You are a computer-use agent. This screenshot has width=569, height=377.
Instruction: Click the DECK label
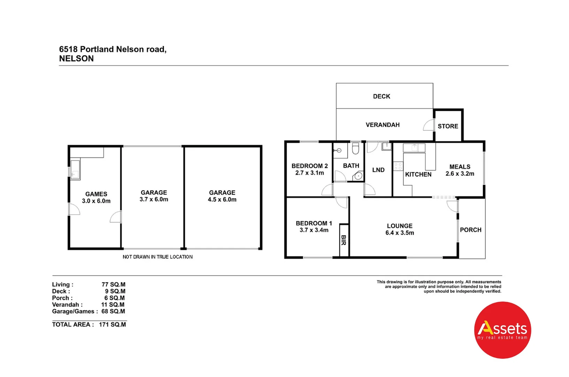click(x=382, y=96)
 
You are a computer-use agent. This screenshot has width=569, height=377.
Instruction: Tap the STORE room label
click(x=448, y=126)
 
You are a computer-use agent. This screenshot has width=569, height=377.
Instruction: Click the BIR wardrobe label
click(x=344, y=240)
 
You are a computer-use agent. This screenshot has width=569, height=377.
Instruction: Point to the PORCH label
click(x=470, y=230)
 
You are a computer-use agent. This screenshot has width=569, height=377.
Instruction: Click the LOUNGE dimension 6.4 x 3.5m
click(x=400, y=233)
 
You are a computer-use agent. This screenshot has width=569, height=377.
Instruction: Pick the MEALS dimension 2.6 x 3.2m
click(x=460, y=173)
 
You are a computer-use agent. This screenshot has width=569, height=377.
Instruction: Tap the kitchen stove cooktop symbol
click(x=398, y=166)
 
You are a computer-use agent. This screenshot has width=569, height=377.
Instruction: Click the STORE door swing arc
click(x=428, y=125)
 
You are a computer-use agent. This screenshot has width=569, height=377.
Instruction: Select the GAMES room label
click(x=96, y=194)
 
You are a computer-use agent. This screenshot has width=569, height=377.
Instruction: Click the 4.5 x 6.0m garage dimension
click(x=222, y=200)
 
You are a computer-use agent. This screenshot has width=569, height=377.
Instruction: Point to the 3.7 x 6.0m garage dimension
click(x=154, y=199)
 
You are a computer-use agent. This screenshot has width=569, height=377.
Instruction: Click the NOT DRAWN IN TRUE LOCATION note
click(x=157, y=257)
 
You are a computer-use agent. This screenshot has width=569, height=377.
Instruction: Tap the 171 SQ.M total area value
click(x=112, y=325)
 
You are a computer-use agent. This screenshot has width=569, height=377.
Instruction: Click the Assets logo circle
click(x=502, y=330)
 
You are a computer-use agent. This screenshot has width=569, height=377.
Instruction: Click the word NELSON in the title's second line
click(x=76, y=59)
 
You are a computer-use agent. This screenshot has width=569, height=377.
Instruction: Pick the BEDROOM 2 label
click(x=309, y=166)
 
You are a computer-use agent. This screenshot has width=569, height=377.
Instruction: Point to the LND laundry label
click(x=378, y=170)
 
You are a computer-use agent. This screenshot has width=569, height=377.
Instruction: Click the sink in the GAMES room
click(x=75, y=170)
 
